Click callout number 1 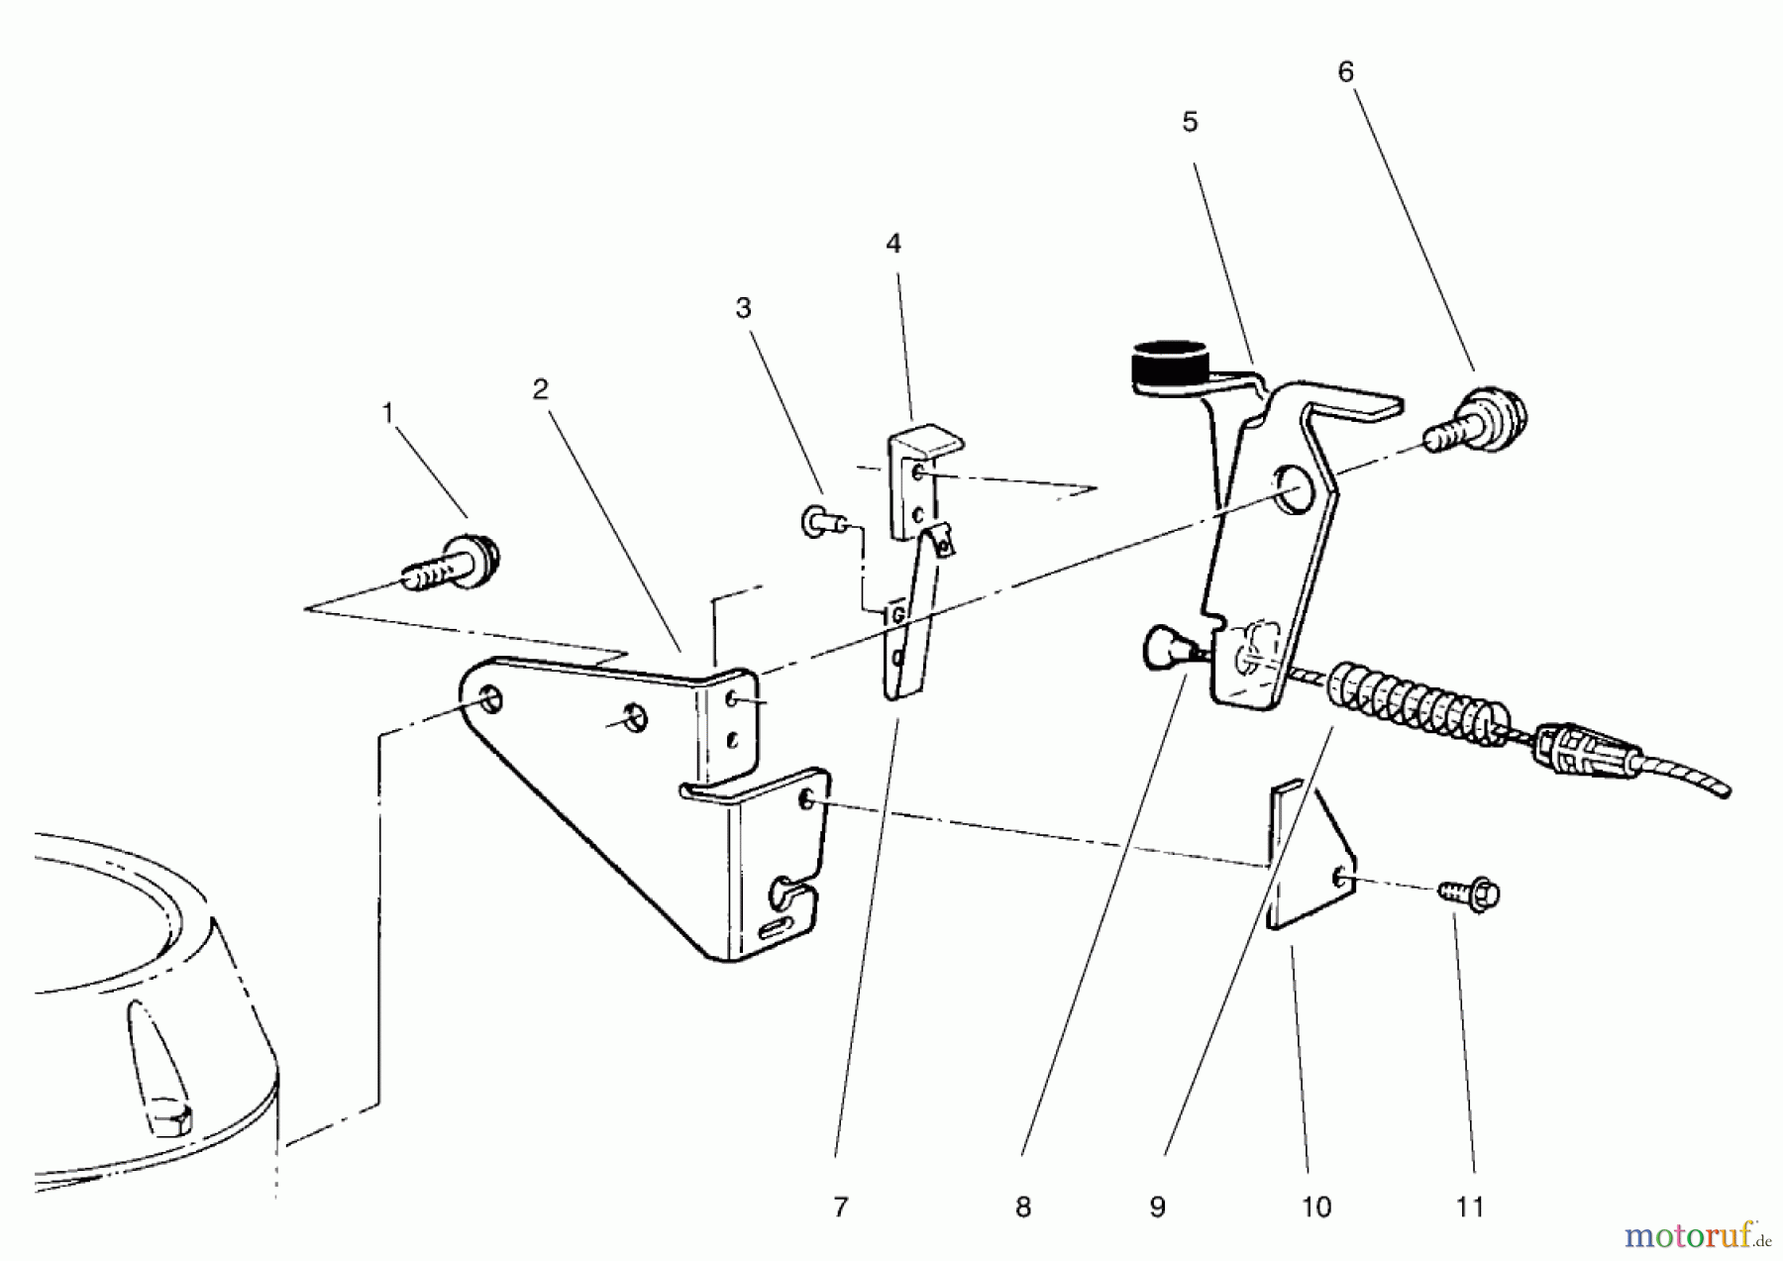pyautogui.click(x=388, y=412)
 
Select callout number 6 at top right pyautogui.click(x=1345, y=72)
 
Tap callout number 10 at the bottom pyautogui.click(x=1315, y=1207)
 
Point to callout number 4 pyautogui.click(x=893, y=244)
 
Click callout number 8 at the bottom pyautogui.click(x=1023, y=1207)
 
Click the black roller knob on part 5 pyautogui.click(x=1169, y=367)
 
